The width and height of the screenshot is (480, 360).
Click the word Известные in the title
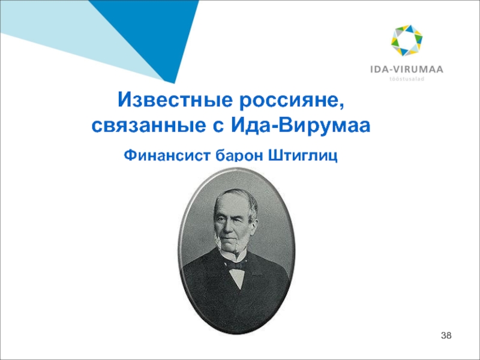[x=175, y=100]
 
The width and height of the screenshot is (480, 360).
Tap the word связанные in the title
[x=148, y=126]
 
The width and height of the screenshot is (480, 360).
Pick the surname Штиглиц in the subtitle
[x=303, y=155]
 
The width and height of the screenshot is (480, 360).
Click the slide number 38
[x=446, y=335]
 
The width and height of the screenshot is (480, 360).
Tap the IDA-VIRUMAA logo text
[x=407, y=70]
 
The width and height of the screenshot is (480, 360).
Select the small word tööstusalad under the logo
[x=407, y=79]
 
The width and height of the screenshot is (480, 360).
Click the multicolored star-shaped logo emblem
[x=407, y=40]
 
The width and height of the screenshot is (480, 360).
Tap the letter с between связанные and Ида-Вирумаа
[x=218, y=126]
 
